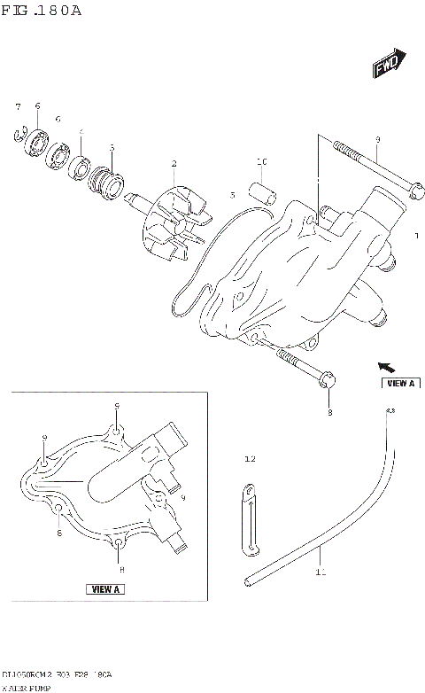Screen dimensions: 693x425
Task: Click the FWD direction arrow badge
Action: point(386,66)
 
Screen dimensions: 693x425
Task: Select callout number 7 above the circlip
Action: point(17,106)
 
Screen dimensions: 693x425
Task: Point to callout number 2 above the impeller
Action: point(174,163)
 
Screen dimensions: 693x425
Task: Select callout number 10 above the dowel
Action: point(261,162)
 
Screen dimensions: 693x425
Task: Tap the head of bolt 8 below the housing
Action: point(326,380)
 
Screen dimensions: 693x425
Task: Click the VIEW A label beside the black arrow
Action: point(400,383)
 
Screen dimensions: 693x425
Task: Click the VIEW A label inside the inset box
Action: point(106,588)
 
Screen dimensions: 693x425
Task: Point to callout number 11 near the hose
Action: point(319,572)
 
